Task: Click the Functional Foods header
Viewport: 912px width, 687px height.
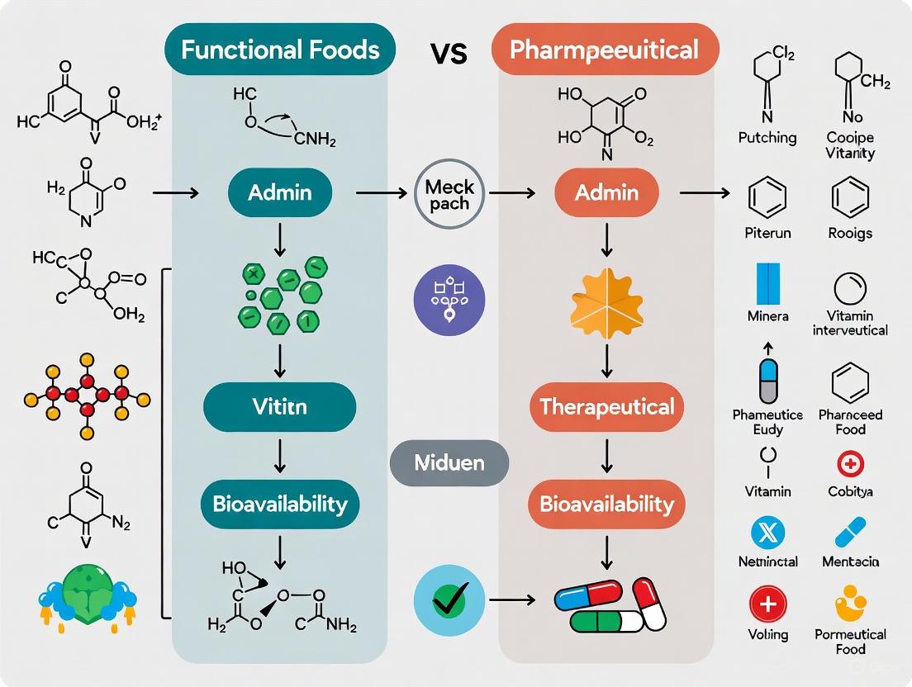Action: [279, 50]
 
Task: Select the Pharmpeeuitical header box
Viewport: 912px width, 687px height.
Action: [606, 50]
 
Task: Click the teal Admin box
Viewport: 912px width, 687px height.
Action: [279, 193]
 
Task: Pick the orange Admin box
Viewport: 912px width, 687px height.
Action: [607, 193]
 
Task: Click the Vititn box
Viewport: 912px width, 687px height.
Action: [279, 407]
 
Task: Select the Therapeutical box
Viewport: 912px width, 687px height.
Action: [607, 406]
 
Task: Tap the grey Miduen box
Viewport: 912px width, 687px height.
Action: [449, 462]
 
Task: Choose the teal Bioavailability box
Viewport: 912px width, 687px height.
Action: [279, 504]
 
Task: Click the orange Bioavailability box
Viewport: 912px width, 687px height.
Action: [607, 504]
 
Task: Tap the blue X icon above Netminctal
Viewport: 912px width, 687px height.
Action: [767, 533]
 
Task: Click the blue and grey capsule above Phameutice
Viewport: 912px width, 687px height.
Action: [767, 381]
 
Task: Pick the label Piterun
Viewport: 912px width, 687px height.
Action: [767, 233]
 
